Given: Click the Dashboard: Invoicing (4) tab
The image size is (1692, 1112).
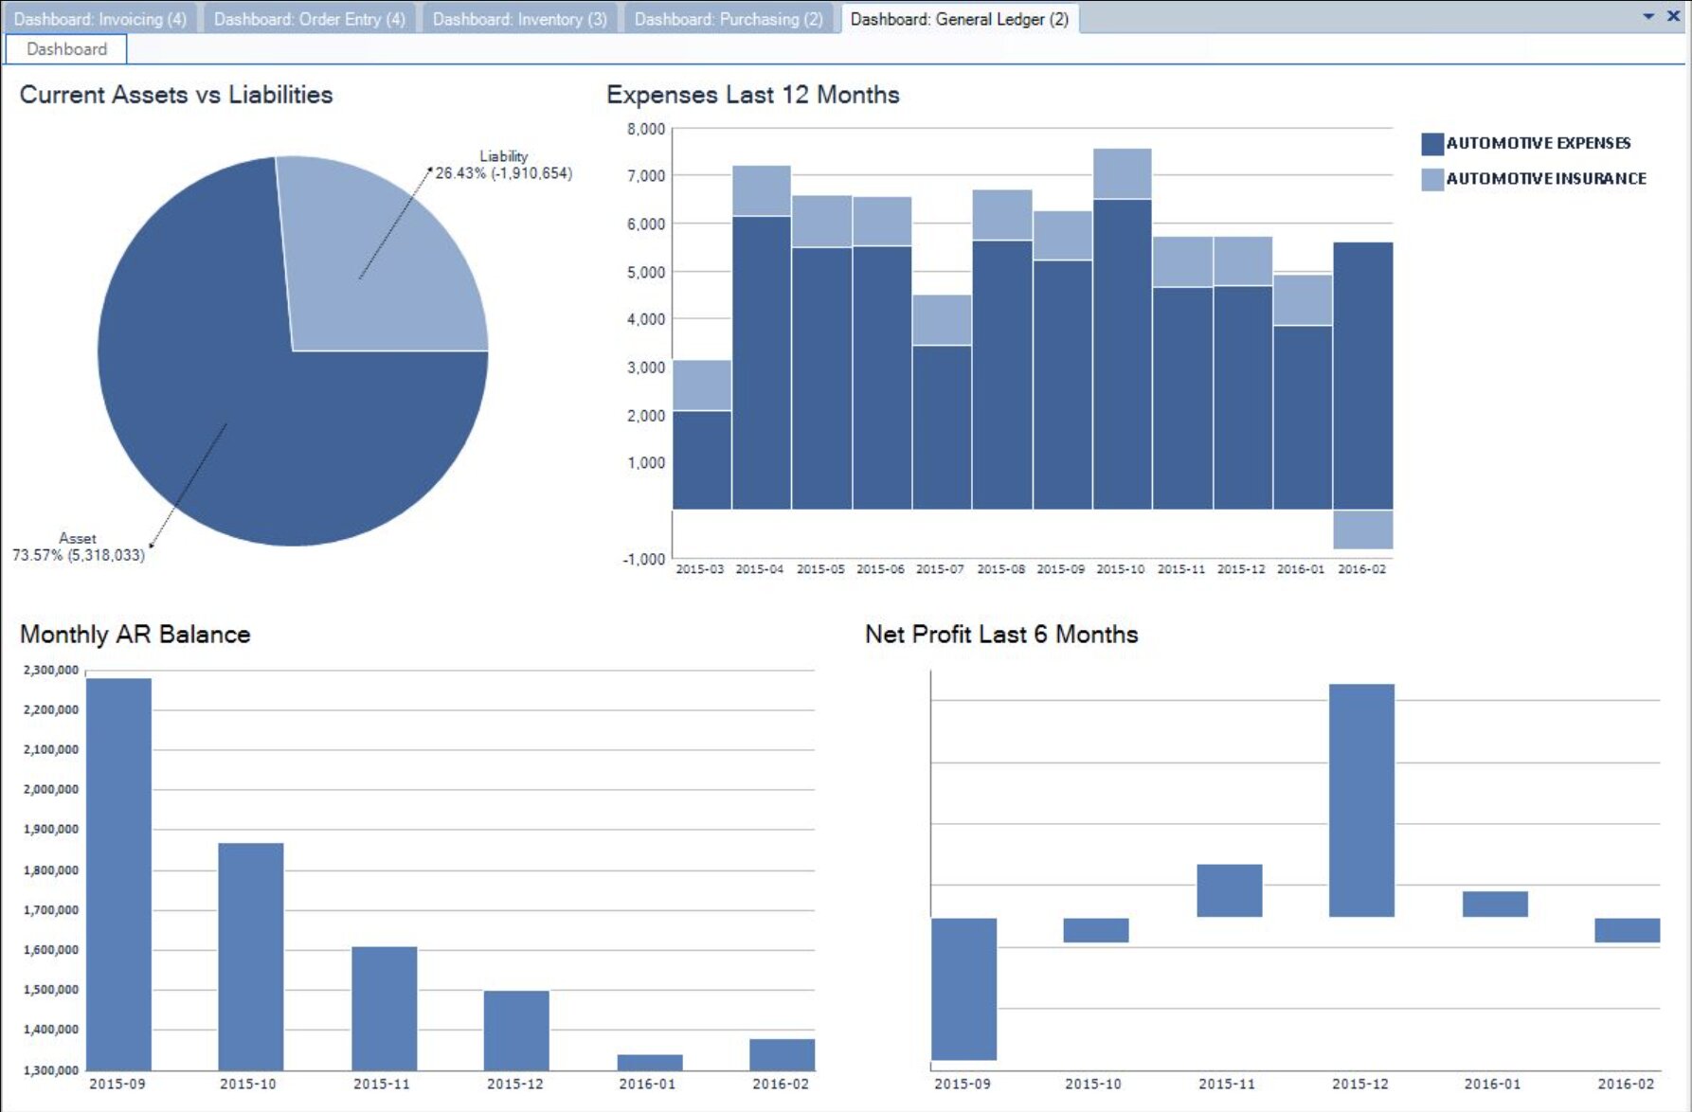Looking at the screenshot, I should pos(99,19).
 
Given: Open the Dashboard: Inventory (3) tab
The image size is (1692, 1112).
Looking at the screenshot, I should pos(519,19).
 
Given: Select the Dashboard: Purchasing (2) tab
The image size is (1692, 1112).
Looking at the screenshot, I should pos(728,19).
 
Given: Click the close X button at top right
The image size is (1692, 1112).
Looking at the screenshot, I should pos(1673,16).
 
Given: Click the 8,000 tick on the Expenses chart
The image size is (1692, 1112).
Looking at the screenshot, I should pos(645,129).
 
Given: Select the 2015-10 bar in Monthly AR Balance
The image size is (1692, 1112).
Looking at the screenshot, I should pos(251,957).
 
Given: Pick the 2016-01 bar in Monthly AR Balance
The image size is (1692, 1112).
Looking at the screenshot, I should pos(650,1063).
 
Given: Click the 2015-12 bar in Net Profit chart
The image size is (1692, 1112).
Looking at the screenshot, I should pos(1361,800).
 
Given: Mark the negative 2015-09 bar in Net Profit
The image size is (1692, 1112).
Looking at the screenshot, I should pos(963,989).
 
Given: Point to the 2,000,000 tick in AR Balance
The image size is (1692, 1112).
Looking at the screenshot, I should pos(51,789).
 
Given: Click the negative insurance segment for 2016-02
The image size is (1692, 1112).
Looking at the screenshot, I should pos(1362,529).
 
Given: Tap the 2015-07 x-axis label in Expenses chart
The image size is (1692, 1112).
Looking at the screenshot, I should pos(940,569).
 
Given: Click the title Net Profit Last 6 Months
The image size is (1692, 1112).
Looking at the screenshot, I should pos(1000,634).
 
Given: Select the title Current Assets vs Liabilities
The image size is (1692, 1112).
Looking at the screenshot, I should pos(176,95).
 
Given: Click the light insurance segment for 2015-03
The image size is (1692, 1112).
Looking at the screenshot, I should pos(701,386).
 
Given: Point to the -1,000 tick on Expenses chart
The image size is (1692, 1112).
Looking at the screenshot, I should pos(643,559).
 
